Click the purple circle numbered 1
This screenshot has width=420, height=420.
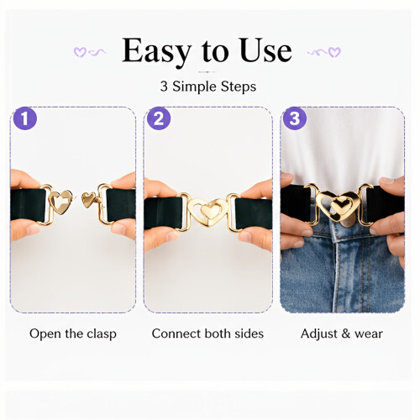[x=25, y=118]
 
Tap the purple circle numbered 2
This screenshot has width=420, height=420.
[x=159, y=118]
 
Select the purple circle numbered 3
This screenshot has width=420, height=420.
[x=295, y=118]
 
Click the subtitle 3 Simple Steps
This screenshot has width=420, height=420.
[x=208, y=87]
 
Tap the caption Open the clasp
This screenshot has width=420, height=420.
[x=73, y=334]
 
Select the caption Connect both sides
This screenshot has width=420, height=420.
[x=207, y=333]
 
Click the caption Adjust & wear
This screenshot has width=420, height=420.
[x=342, y=333]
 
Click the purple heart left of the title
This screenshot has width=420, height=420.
[x=80, y=52]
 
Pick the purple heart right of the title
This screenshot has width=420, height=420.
[x=334, y=52]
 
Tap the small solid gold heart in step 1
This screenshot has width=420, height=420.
[x=88, y=199]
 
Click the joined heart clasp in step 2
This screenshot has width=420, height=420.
[x=207, y=212]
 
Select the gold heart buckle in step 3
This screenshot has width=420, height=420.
[x=338, y=206]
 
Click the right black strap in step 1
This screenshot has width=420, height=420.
[x=121, y=205]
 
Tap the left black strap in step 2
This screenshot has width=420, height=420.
[x=163, y=213]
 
